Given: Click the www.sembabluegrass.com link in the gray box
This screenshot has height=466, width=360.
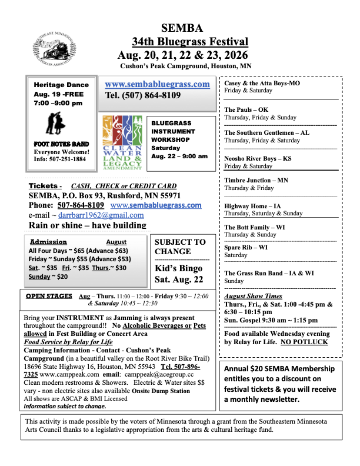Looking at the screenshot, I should click(157, 84).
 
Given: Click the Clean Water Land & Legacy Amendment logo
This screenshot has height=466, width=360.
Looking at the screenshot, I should click(122, 143).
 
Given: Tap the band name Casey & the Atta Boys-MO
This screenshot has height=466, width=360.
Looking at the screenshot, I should click(262, 84).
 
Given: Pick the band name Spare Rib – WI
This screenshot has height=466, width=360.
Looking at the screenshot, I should click(246, 248).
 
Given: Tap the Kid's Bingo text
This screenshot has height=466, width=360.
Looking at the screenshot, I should click(178, 268).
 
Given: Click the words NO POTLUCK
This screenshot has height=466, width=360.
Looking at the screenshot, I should click(305, 341).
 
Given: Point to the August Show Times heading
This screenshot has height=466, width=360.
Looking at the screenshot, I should click(253, 296).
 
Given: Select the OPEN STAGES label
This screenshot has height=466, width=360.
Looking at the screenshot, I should click(49, 296).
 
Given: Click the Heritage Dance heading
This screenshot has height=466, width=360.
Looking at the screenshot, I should click(61, 85).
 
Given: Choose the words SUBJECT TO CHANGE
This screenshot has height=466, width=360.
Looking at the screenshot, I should click(180, 247).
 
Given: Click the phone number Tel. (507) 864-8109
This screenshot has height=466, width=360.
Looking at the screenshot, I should click(143, 95).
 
